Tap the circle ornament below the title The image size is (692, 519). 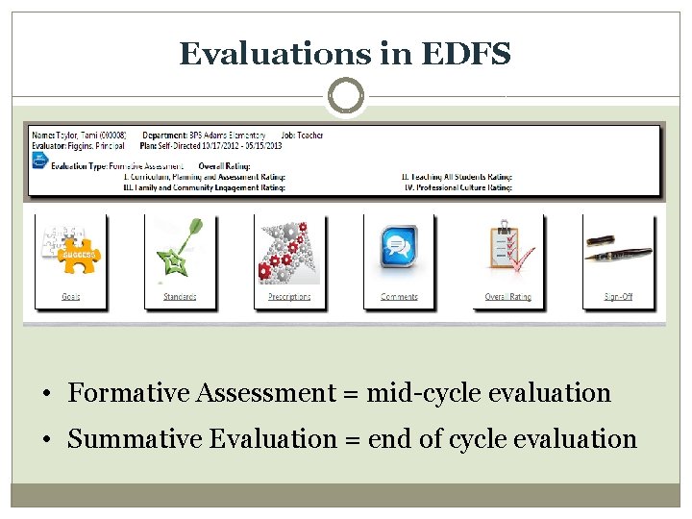coord(346,96)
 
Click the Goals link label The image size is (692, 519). coord(70,297)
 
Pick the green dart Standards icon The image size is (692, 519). coord(179,251)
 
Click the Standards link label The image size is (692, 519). coord(180,297)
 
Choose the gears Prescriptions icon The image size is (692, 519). coord(288,251)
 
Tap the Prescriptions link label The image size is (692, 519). coord(289,297)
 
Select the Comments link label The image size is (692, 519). coord(399,297)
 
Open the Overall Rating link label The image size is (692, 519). coord(508,297)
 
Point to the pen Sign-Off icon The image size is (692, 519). coord(618,251)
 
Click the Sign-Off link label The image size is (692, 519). coord(618,297)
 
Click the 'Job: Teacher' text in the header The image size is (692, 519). coord(304,136)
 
